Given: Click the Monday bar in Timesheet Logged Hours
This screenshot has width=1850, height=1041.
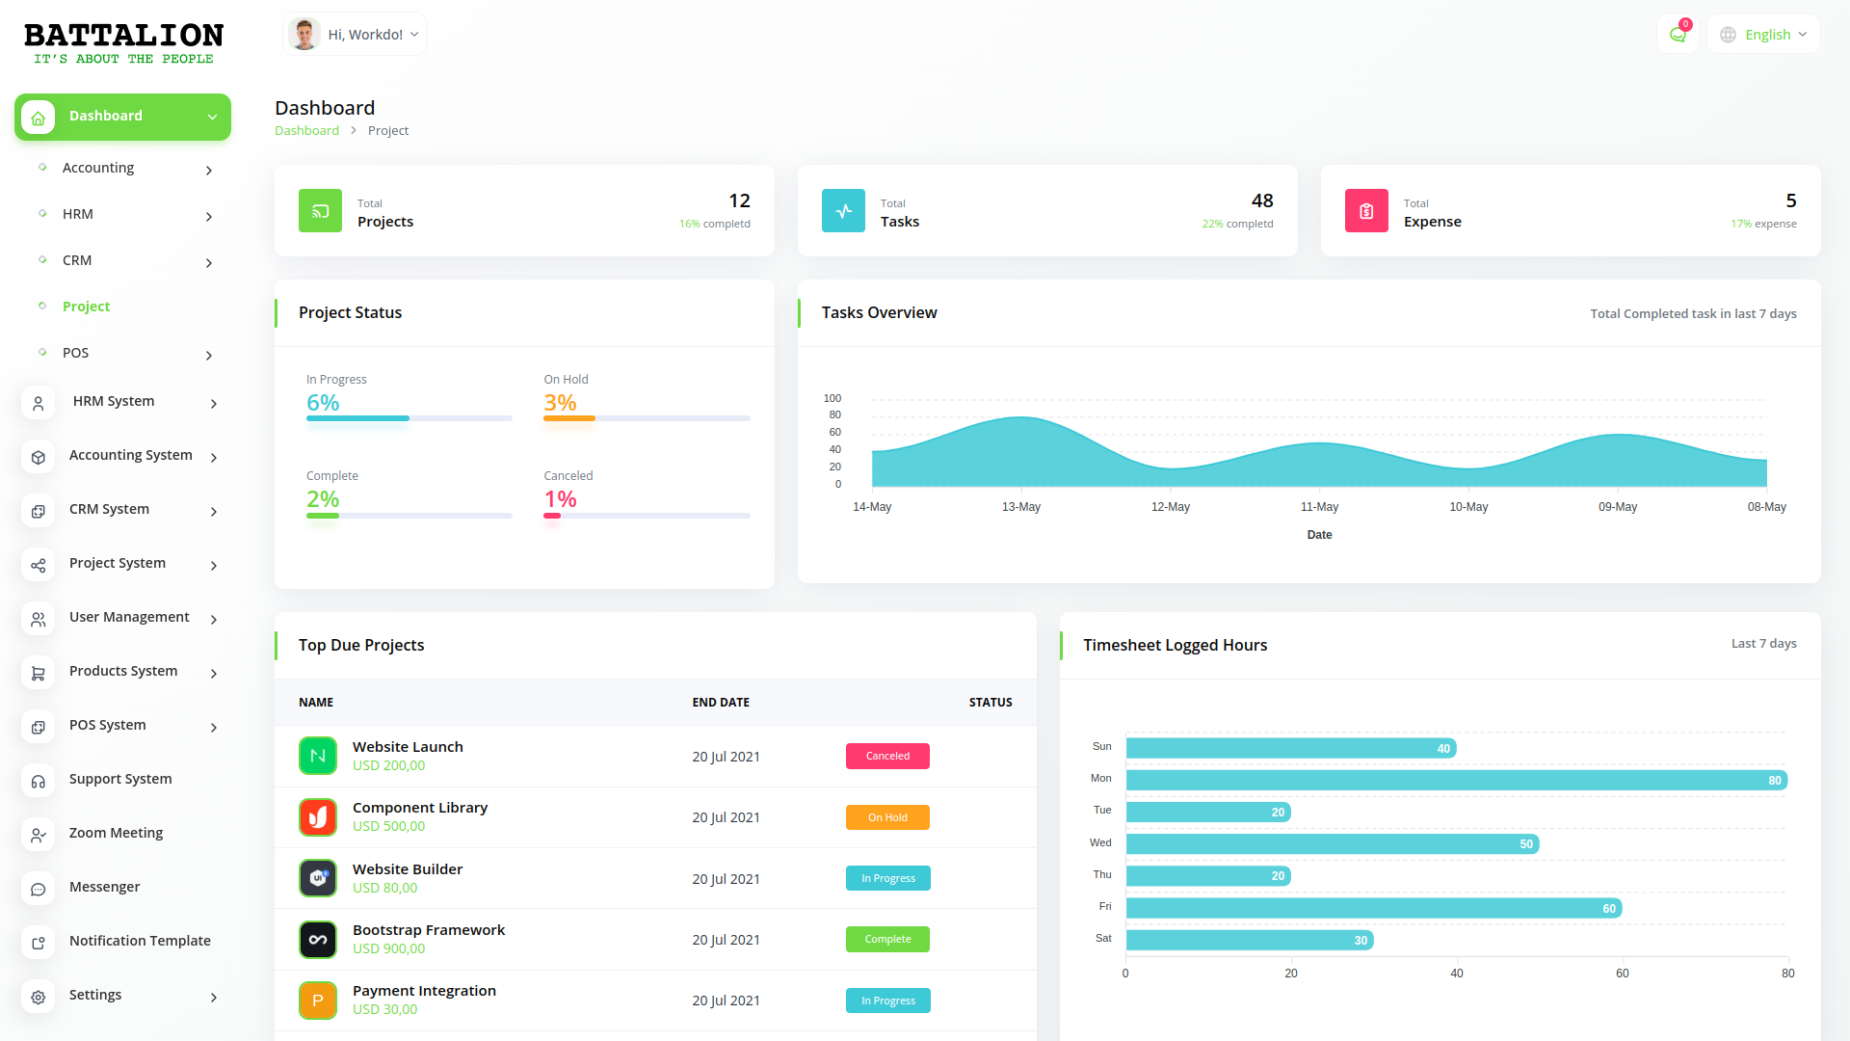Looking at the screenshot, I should click(x=1455, y=780).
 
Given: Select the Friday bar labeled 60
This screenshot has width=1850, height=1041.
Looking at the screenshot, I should click(x=1373, y=908).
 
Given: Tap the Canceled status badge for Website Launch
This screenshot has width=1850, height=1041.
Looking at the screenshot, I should click(x=887, y=757).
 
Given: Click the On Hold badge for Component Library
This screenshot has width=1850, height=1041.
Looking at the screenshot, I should click(x=887, y=817).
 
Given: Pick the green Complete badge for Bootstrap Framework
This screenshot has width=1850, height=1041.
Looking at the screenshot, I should click(x=887, y=940).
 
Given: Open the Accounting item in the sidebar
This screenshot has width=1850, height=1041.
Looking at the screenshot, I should click(x=98, y=168).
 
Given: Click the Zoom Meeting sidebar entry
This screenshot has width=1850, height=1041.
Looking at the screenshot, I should click(x=116, y=833).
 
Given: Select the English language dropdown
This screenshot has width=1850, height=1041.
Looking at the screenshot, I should click(x=1763, y=35).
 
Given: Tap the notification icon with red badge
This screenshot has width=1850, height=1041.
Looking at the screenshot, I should click(x=1678, y=35).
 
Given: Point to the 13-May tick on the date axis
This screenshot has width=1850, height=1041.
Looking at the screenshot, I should click(x=1021, y=507).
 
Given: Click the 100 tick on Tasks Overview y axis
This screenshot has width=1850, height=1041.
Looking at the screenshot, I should click(x=832, y=398).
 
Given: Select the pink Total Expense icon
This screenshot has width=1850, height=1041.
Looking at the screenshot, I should click(x=1366, y=211).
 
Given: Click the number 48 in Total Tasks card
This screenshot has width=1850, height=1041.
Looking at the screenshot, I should click(x=1262, y=200).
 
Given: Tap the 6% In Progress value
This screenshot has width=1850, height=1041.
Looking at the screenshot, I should click(x=323, y=403).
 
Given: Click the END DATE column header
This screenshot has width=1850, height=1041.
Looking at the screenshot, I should click(x=721, y=703).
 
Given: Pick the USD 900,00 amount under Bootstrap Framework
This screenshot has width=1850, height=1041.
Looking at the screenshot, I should click(x=388, y=948).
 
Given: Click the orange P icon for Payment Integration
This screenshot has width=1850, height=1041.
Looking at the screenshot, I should click(x=318, y=1001).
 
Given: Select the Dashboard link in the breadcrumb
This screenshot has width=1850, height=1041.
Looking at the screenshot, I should click(x=306, y=131).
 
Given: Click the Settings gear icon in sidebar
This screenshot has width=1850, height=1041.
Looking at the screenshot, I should click(x=39, y=997).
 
